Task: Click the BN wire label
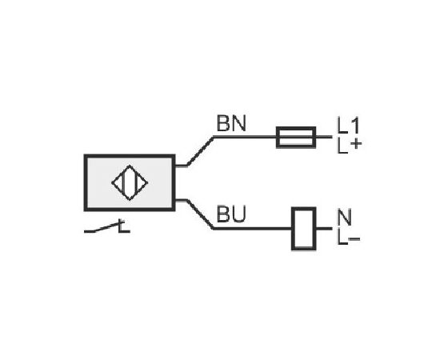click(231, 123)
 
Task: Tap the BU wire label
click(231, 214)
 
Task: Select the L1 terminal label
click(348, 125)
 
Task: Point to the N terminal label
click(345, 217)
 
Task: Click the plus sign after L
click(356, 144)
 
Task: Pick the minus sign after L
click(354, 239)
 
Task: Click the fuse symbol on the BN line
click(296, 138)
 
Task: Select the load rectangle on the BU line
click(304, 229)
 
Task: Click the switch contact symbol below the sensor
click(107, 226)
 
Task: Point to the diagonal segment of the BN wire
click(200, 151)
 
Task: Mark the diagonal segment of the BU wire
click(200, 214)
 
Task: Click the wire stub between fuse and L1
click(324, 138)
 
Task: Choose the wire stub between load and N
click(324, 229)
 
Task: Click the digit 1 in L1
click(355, 125)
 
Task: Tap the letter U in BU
click(239, 214)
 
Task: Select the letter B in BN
click(223, 123)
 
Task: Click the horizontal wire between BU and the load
click(253, 229)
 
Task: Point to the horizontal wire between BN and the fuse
click(245, 138)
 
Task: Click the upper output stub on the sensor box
click(182, 166)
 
